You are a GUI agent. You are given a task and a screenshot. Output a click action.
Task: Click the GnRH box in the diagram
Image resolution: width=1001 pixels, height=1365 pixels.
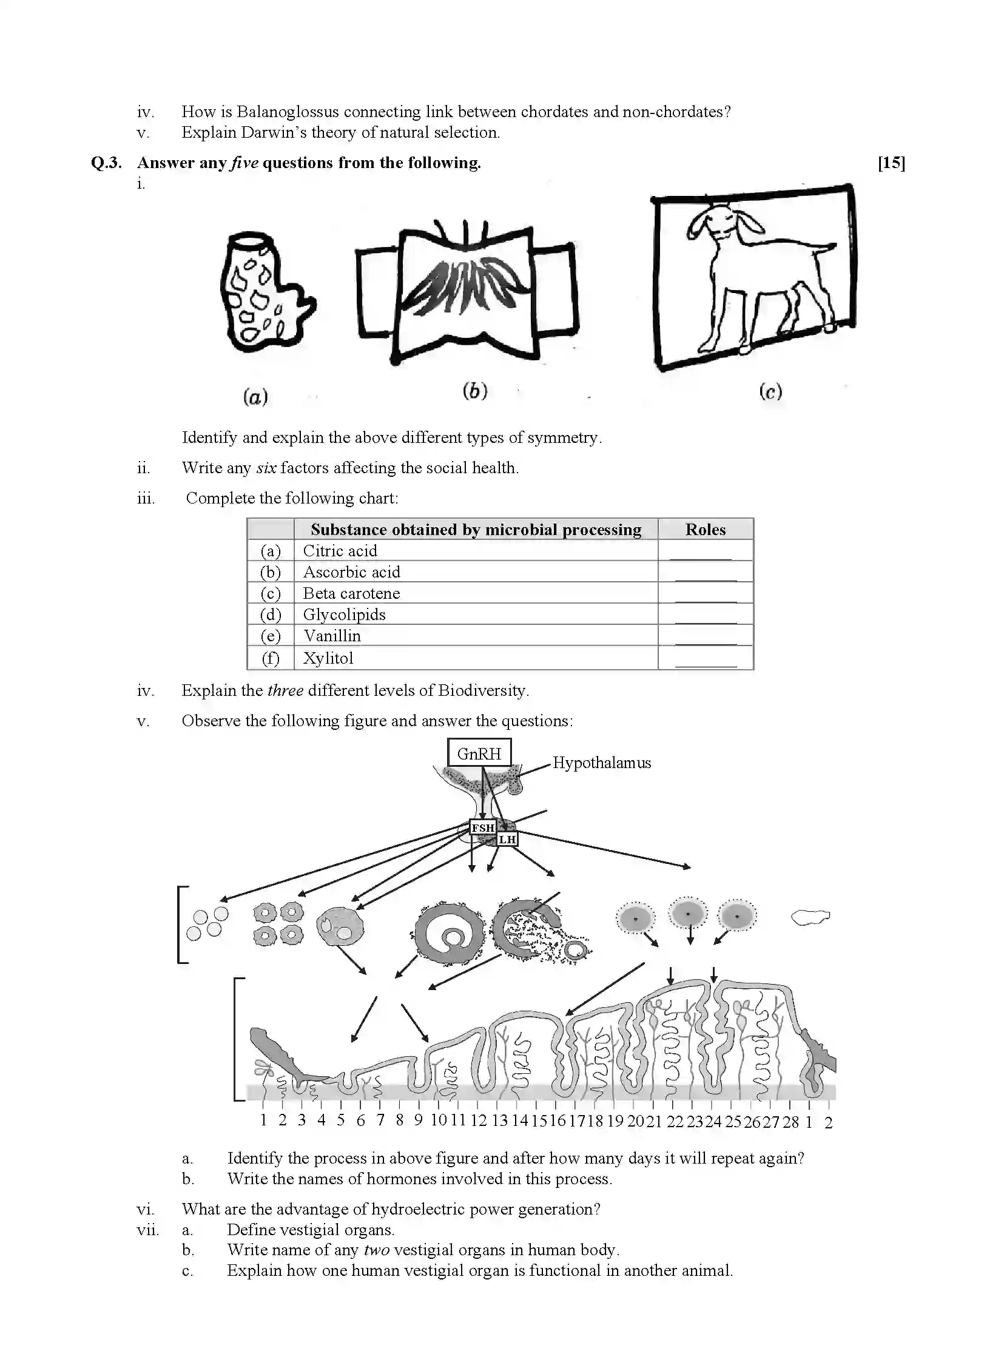click(x=479, y=753)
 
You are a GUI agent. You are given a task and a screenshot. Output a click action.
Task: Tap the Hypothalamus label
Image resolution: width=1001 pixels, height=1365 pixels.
click(x=601, y=763)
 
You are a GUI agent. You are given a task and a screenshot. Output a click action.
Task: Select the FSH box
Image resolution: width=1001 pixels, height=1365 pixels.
click(x=483, y=827)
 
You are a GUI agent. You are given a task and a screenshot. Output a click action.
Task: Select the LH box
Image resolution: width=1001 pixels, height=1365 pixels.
click(x=507, y=840)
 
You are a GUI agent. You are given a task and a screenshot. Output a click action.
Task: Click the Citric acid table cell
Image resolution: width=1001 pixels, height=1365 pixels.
click(x=340, y=551)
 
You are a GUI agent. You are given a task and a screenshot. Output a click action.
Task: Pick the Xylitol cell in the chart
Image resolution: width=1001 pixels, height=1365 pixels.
click(x=328, y=658)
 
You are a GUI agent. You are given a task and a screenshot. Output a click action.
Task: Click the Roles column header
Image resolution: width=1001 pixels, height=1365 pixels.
click(x=705, y=530)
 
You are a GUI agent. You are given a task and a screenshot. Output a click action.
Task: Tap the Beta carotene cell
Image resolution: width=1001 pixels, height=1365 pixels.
click(x=351, y=593)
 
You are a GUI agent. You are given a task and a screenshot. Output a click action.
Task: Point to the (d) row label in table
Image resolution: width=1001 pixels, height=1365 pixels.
click(x=271, y=615)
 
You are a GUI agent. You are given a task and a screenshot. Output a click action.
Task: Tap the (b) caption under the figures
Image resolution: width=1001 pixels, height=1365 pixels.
click(x=474, y=391)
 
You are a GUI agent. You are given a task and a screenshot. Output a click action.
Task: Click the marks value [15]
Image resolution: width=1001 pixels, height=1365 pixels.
click(x=891, y=163)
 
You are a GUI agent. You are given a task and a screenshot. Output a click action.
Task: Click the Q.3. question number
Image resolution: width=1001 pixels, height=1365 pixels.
click(x=106, y=163)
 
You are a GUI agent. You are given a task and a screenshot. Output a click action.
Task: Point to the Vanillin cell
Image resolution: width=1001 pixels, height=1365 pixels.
click(x=332, y=636)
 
